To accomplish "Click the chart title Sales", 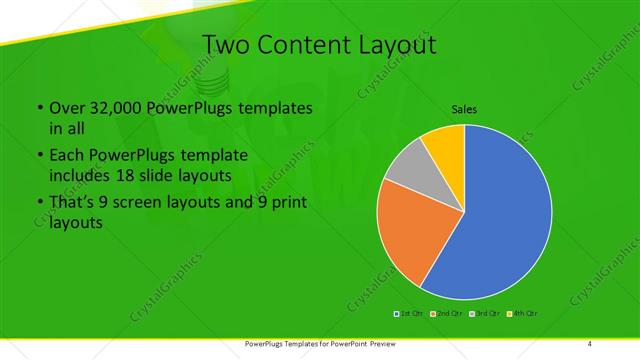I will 464,107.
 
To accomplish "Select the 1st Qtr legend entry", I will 409,314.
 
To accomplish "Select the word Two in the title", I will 225,44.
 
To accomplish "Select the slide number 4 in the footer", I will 589,344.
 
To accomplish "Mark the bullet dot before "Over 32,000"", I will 38,108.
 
